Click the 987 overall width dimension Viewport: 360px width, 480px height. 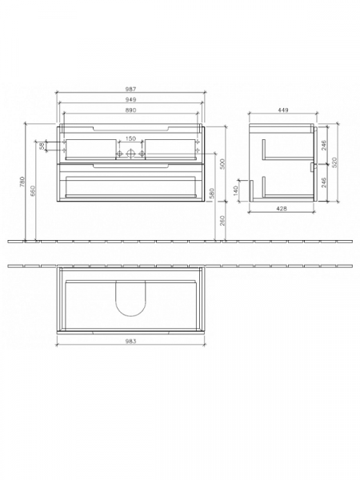click(130, 90)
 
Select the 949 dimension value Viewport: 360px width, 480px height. click(130, 99)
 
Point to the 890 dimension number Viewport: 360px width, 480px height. click(130, 110)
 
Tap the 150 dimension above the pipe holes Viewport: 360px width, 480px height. click(130, 138)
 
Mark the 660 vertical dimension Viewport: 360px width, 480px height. click(33, 190)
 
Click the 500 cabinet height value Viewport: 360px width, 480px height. click(223, 164)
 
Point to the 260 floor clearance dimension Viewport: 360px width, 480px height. click(223, 221)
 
